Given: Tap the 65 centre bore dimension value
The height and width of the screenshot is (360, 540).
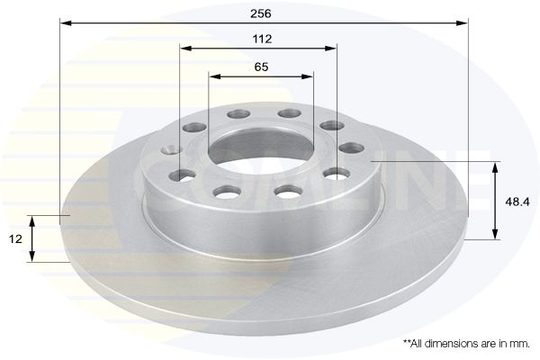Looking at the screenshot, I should tap(261, 67).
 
